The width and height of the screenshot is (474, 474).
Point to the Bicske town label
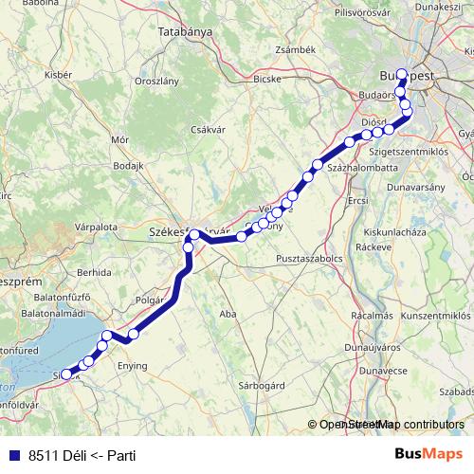(267, 80)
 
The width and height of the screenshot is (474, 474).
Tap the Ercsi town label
(358, 201)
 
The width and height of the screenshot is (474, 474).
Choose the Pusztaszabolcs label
(310, 258)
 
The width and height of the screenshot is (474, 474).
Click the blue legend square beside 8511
(12, 455)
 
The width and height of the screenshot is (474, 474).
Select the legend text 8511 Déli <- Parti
(82, 455)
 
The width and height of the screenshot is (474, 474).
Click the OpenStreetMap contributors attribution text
(390, 425)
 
